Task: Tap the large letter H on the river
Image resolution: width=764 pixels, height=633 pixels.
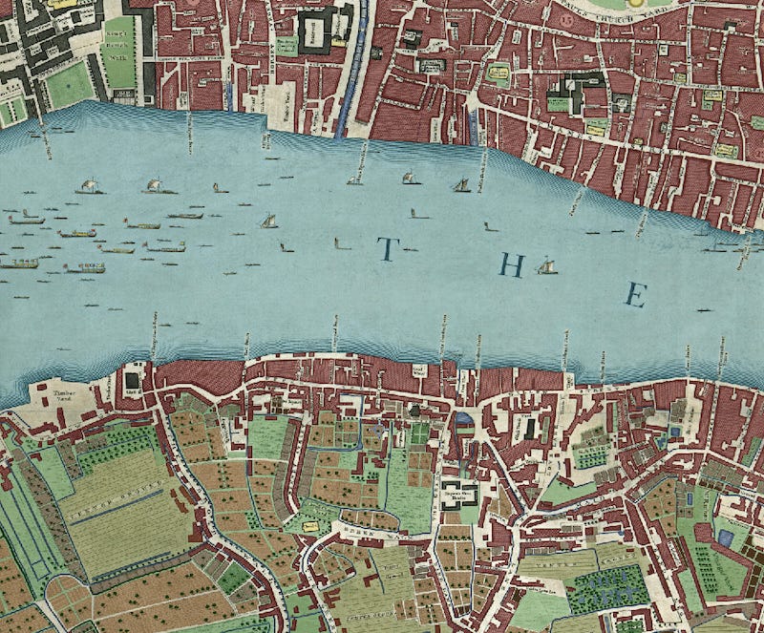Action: coord(513,265)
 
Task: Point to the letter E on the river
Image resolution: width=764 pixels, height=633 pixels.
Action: coord(633,295)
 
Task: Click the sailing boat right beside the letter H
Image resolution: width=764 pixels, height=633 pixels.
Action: coord(546,265)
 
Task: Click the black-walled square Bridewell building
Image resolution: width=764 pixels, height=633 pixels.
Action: coord(317,32)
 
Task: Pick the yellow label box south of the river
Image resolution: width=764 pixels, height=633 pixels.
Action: coord(309,525)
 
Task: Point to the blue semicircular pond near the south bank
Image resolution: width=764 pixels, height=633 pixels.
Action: coord(463,418)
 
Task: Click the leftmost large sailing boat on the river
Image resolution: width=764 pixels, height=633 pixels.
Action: coord(89,185)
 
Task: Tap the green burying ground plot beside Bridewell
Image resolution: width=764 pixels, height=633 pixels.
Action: coord(286,45)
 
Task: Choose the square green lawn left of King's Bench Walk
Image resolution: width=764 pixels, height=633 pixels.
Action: coord(70,86)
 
